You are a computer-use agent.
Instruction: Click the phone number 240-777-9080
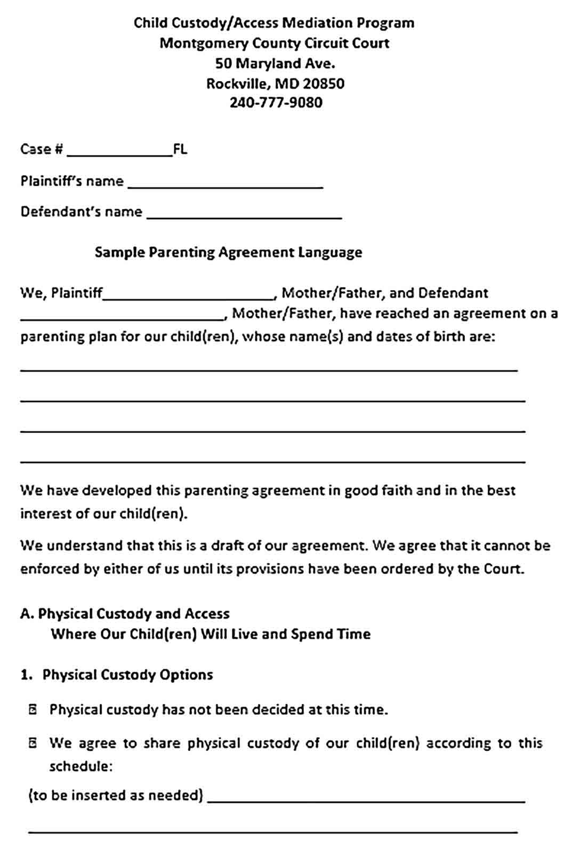(276, 102)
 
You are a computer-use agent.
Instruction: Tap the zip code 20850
(324, 83)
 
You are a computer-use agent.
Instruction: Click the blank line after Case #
(119, 153)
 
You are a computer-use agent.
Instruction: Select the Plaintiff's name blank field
(225, 184)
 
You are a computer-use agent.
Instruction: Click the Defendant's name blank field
(244, 214)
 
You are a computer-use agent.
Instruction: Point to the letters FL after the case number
(180, 149)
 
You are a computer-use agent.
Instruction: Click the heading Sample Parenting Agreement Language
(228, 252)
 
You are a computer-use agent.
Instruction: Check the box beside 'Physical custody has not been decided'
(33, 709)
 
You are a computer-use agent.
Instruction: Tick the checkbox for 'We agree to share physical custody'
(33, 743)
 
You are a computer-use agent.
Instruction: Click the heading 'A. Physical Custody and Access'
(125, 614)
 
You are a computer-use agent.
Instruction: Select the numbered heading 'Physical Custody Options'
(127, 675)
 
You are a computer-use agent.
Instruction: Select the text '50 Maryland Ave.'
(275, 63)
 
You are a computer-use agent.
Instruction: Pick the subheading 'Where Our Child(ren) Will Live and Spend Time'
(211, 634)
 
